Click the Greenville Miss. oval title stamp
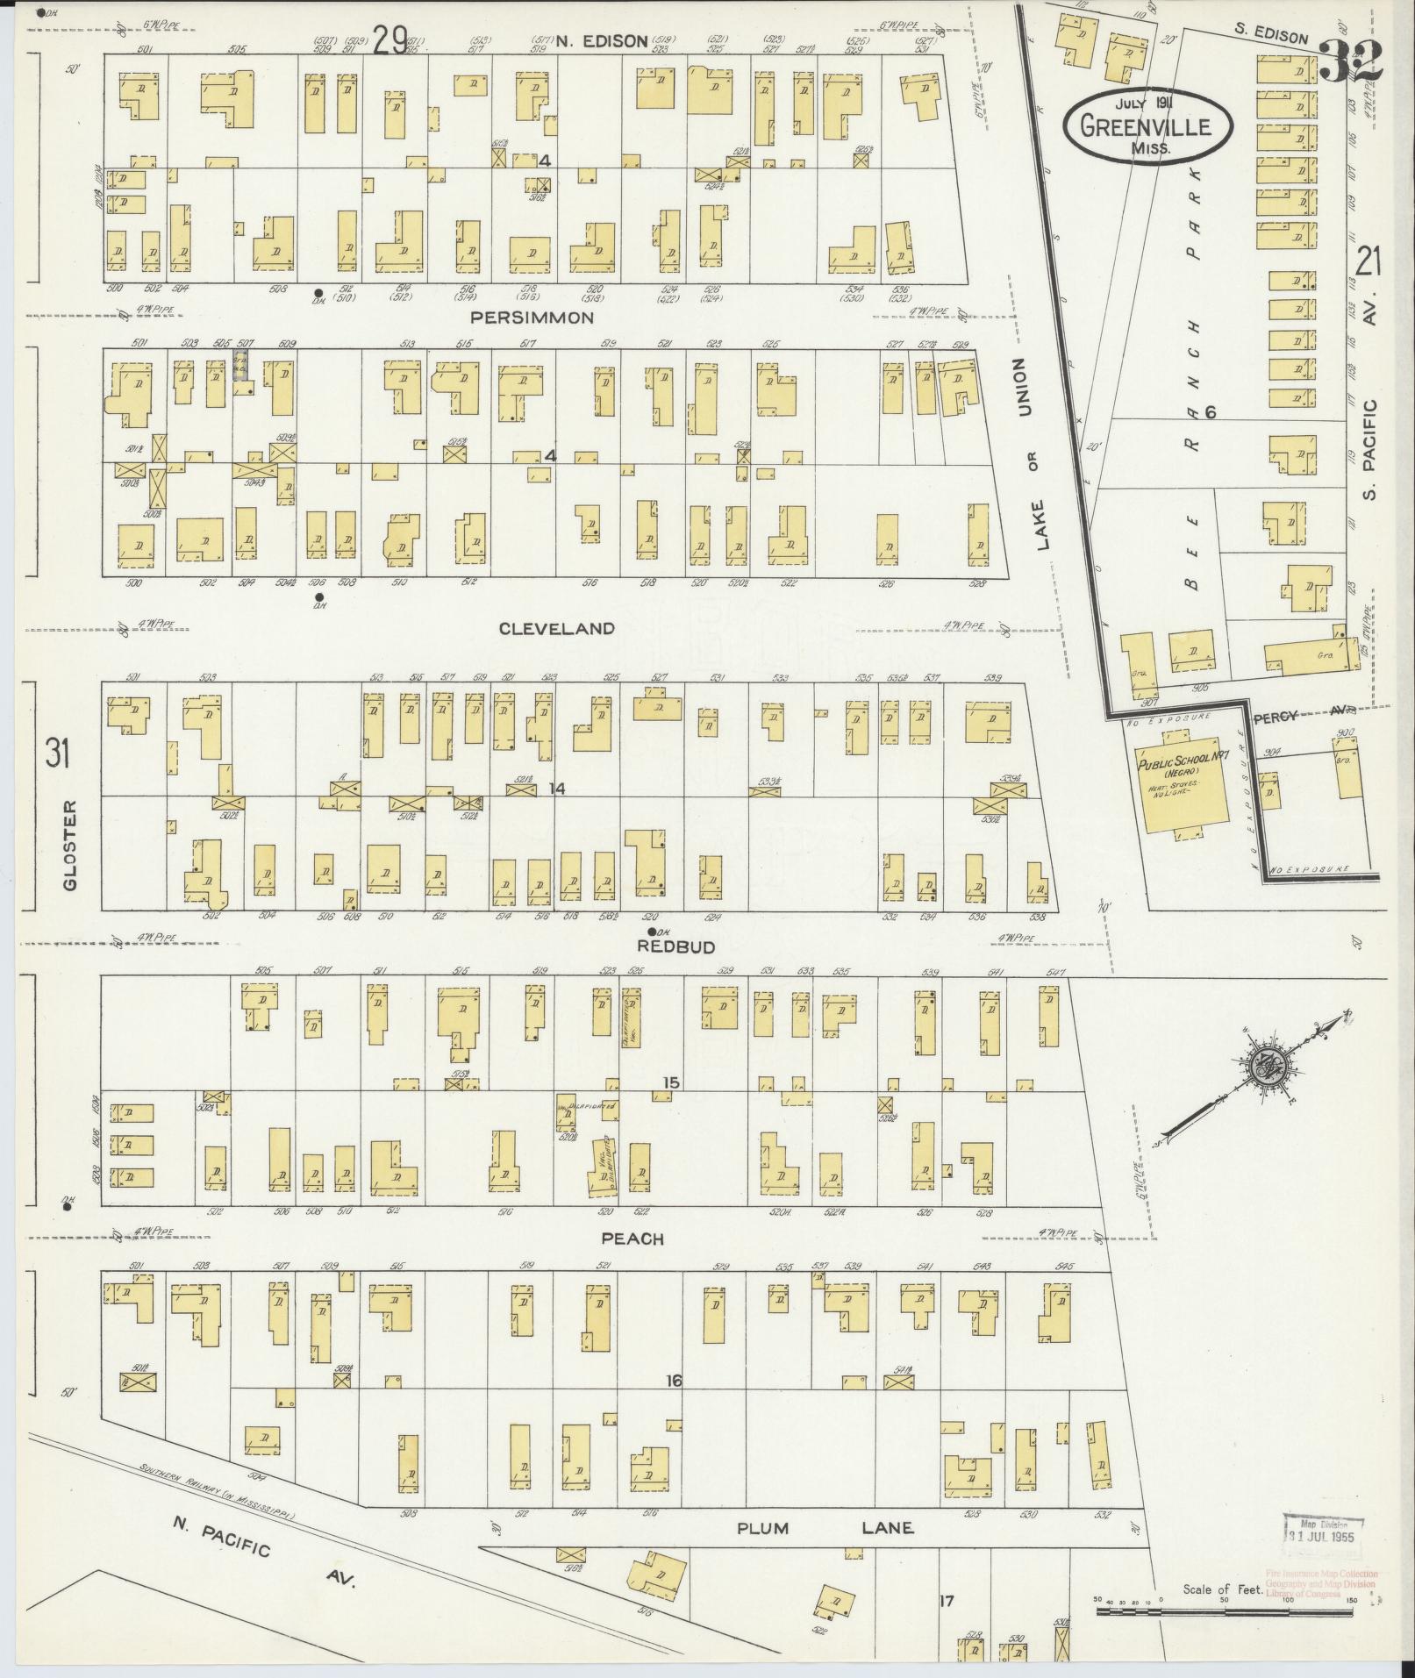pos(1147,125)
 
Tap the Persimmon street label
pos(532,318)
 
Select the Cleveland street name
pos(556,629)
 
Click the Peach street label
pos(632,1239)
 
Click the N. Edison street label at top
pos(590,40)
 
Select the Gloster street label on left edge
pos(70,845)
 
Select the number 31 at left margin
pos(57,753)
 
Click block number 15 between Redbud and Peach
pos(671,1082)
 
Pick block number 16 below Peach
pos(673,1381)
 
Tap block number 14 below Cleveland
pos(555,789)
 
